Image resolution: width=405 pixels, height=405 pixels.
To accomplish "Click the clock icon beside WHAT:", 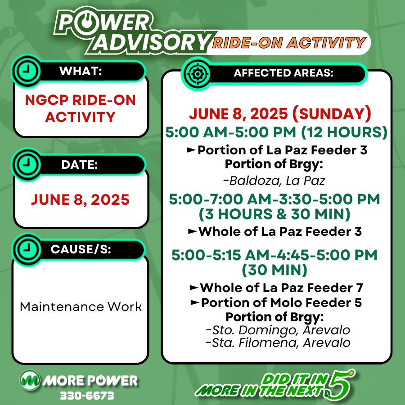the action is click(27, 71).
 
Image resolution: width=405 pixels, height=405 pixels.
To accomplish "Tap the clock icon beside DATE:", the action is click(27, 164).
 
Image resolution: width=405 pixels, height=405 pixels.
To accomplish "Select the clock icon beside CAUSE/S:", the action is click(27, 249).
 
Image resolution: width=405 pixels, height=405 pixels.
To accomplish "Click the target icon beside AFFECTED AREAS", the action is click(198, 74).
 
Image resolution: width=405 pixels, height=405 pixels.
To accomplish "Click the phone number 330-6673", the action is click(87, 396).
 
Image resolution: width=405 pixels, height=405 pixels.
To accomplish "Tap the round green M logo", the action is click(30, 380).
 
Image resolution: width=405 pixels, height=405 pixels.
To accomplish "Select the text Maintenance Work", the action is click(81, 307).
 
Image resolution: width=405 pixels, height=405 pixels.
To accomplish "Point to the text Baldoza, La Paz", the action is click(274, 181).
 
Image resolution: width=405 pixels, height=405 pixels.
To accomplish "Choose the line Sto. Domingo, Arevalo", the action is click(278, 330).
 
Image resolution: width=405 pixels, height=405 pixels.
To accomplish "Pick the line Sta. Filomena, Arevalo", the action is click(278, 343).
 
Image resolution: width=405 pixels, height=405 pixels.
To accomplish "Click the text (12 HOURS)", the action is click(344, 132).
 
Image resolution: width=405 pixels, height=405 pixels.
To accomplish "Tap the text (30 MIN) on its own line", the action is click(274, 270).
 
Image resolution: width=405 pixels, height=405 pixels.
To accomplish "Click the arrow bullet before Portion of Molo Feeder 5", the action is click(195, 302).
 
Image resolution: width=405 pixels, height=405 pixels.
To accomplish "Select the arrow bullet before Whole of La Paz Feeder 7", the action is click(194, 288).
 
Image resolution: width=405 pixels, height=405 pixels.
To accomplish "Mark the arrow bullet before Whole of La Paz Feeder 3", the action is click(193, 231).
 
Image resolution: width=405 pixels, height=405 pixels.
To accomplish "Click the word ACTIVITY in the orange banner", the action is click(327, 43).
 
